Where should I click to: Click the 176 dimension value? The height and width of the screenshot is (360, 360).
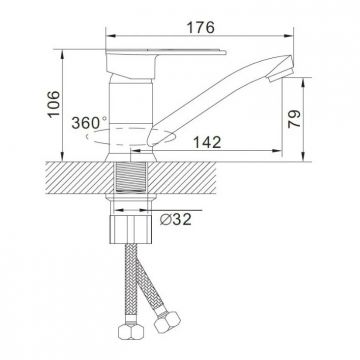pos(200,28)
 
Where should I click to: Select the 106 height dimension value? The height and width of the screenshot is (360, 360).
pos(54,104)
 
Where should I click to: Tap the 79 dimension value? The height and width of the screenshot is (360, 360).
pos(294,119)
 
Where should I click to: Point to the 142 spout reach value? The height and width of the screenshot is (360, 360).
pos(207,142)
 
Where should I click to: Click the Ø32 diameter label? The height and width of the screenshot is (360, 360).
pos(176,219)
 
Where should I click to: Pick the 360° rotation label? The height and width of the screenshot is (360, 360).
pos(89,123)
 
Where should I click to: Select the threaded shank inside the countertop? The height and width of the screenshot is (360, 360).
pos(131,177)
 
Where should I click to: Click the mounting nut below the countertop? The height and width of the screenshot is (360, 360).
pos(131,229)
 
